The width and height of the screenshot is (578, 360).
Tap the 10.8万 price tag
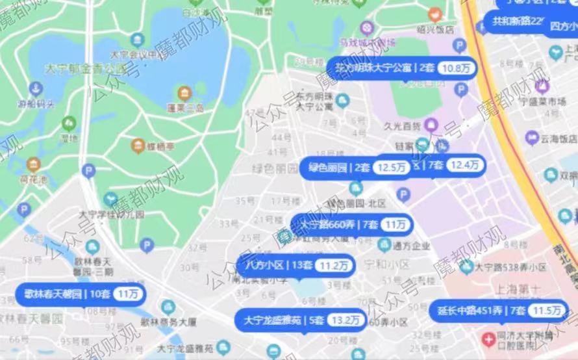pos(455,68)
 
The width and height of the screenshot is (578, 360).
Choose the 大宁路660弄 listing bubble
pos(351,225)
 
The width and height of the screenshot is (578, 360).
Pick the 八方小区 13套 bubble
pos(295,265)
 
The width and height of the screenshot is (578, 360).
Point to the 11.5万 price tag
pos(544,311)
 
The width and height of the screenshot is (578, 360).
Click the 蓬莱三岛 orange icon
pos(184,93)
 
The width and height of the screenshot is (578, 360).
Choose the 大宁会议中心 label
pos(136,55)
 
